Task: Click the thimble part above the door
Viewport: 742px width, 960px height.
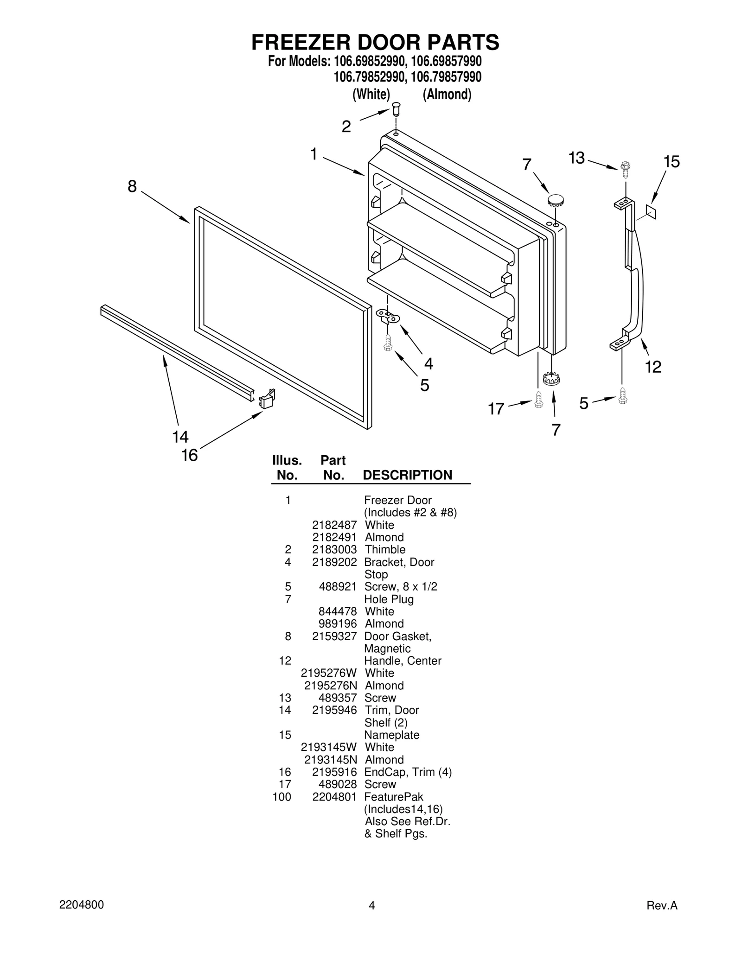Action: (396, 110)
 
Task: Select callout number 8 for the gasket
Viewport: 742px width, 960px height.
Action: (132, 186)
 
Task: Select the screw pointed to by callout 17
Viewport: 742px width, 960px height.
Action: (538, 400)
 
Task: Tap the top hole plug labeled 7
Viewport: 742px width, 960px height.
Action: (555, 201)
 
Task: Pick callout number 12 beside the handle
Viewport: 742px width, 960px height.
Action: (653, 367)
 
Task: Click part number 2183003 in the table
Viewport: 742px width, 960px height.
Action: (334, 550)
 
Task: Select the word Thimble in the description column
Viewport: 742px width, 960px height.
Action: (385, 550)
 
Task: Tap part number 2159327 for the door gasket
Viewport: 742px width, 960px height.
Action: (334, 636)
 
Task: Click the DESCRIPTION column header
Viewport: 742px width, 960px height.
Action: (407, 475)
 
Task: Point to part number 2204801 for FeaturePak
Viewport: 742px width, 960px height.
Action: (334, 797)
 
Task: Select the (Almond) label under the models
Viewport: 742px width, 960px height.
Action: (447, 95)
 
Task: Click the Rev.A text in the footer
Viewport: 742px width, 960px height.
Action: (662, 905)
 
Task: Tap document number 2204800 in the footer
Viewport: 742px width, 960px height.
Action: (82, 905)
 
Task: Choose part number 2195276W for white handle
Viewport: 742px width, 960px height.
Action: (329, 673)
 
